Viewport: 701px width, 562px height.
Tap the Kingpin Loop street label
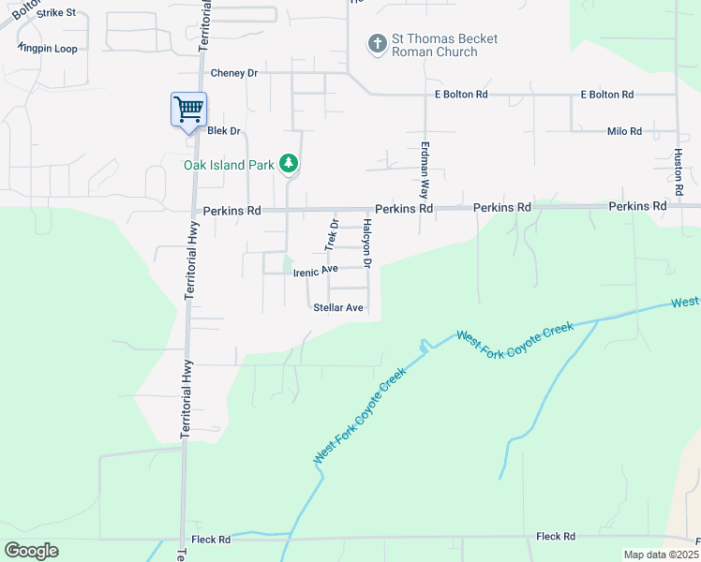point(48,48)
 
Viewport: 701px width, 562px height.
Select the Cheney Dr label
point(233,73)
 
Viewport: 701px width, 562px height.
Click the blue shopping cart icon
point(188,110)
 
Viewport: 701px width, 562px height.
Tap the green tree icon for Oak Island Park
point(290,165)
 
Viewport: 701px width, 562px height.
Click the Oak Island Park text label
point(229,165)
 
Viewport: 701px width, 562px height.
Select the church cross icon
point(377,44)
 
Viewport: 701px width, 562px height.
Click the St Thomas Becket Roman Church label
point(444,45)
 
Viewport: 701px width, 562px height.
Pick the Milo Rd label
point(624,131)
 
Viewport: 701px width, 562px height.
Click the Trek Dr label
point(331,234)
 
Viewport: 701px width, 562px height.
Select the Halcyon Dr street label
point(367,244)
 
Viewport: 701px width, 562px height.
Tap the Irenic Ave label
point(315,272)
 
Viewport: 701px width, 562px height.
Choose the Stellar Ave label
point(337,307)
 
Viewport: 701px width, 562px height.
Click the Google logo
point(31,551)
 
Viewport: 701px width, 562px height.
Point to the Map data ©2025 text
point(661,555)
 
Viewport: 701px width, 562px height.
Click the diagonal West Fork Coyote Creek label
point(360,416)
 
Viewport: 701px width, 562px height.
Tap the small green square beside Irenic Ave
point(288,265)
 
